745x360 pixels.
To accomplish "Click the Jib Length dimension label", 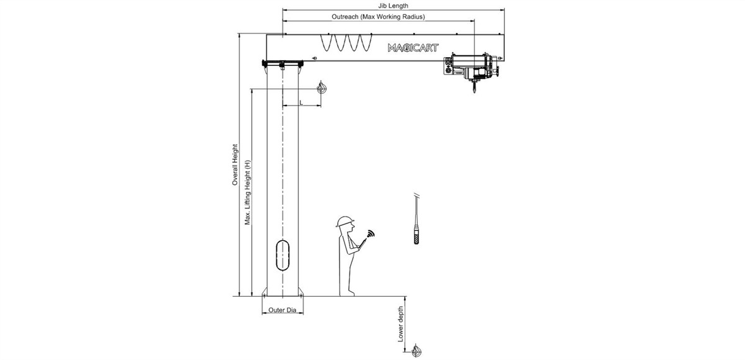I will click(x=393, y=6).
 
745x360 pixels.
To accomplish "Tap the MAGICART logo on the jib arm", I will click(x=413, y=47).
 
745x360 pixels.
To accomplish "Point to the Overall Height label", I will click(x=235, y=165).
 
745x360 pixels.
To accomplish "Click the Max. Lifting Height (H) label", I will click(x=247, y=192).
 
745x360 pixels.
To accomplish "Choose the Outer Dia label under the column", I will click(x=282, y=310).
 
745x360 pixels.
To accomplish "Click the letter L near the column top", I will click(x=301, y=102).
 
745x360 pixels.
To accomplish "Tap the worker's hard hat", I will click(x=345, y=222).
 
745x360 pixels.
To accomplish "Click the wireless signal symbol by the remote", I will click(x=371, y=235).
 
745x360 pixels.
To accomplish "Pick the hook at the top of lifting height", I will click(x=322, y=89).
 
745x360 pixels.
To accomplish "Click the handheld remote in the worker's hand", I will click(x=363, y=242).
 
